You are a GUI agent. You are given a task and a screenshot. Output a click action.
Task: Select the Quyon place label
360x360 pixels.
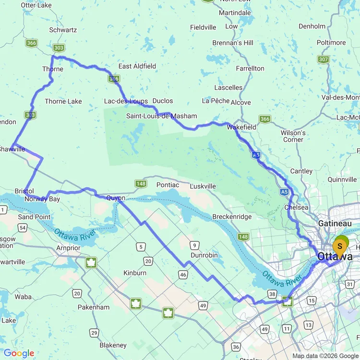pyautogui.click(x=116, y=198)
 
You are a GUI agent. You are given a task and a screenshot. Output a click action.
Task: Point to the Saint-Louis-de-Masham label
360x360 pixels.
pyautogui.click(x=161, y=116)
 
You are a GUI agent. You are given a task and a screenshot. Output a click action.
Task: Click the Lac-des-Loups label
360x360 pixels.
pyautogui.click(x=126, y=101)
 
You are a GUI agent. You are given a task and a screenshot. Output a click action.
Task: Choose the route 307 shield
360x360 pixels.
pyautogui.click(x=323, y=60)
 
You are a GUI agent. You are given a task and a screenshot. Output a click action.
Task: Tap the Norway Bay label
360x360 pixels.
pyautogui.click(x=43, y=199)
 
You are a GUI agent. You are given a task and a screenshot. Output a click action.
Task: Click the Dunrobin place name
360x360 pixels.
pyautogui.click(x=204, y=255)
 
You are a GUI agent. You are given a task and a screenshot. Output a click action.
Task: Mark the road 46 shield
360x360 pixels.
pyautogui.click(x=183, y=274)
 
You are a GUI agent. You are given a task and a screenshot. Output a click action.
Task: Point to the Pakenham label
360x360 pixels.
pyautogui.click(x=93, y=307)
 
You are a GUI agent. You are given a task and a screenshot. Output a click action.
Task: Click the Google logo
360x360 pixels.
pyautogui.click(x=19, y=354)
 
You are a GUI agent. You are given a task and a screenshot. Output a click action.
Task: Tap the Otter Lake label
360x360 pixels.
pyautogui.click(x=36, y=5)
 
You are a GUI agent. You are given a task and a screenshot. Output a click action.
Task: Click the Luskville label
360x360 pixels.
pyautogui.click(x=203, y=186)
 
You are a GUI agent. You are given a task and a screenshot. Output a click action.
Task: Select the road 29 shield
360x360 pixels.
pyautogui.click(x=94, y=333)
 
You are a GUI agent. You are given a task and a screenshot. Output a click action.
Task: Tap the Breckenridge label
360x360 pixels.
pyautogui.click(x=232, y=217)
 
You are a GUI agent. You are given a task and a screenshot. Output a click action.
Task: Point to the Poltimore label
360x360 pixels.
pyautogui.click(x=331, y=43)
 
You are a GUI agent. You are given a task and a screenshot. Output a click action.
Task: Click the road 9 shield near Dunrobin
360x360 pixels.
pyautogui.click(x=194, y=245)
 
